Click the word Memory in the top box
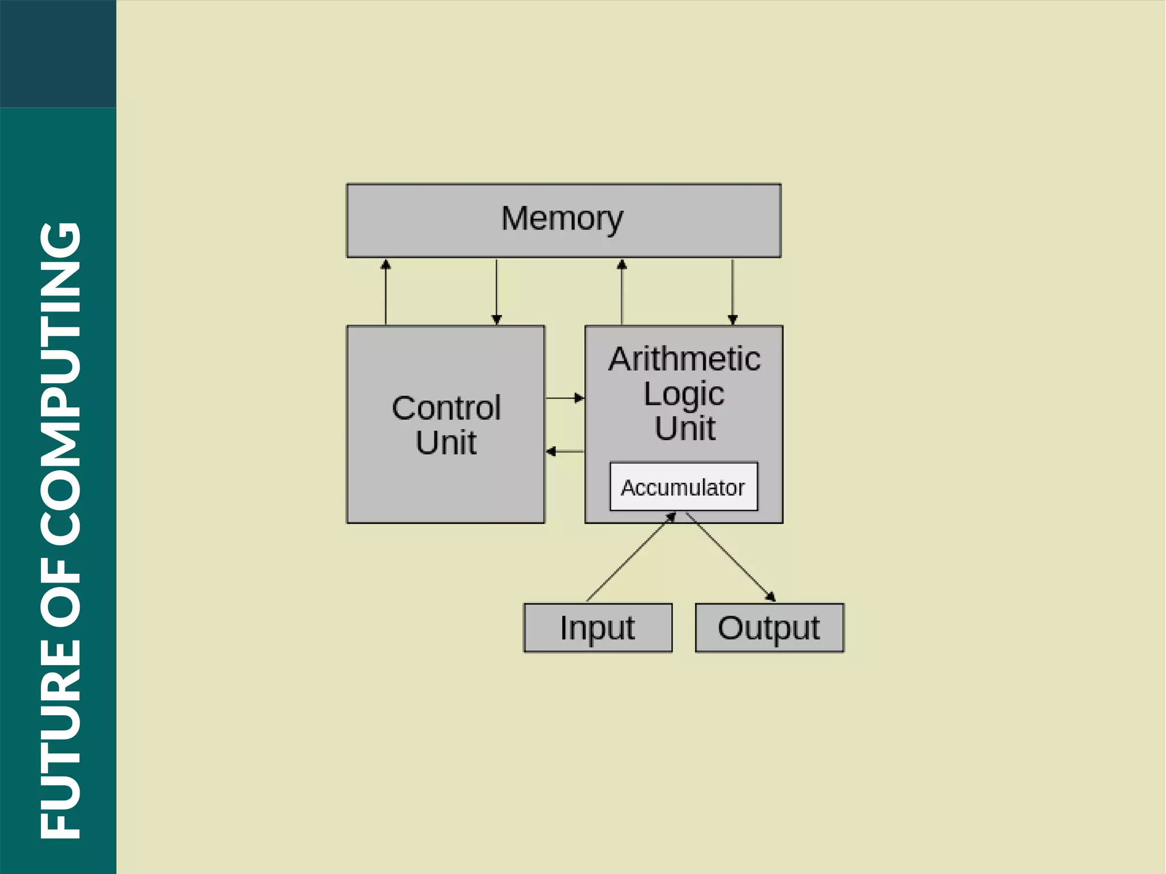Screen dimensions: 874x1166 coord(562,219)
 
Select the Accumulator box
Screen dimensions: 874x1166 coord(683,487)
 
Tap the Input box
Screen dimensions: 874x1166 coord(597,627)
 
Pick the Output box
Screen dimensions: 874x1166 coord(769,627)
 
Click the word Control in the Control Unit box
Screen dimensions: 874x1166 coord(446,408)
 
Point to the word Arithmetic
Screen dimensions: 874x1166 coord(684,359)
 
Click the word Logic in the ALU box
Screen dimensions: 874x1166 coord(684,393)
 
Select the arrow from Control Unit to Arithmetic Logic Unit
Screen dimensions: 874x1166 coord(565,398)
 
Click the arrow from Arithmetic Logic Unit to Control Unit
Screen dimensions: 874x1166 coord(565,452)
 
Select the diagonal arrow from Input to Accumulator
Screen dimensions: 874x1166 coord(631,557)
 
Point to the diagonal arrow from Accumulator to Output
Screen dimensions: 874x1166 coord(730,557)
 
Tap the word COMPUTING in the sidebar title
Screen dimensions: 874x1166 coord(60,382)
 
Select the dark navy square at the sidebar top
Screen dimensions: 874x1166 coord(58,54)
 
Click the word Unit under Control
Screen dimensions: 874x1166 coord(446,442)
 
